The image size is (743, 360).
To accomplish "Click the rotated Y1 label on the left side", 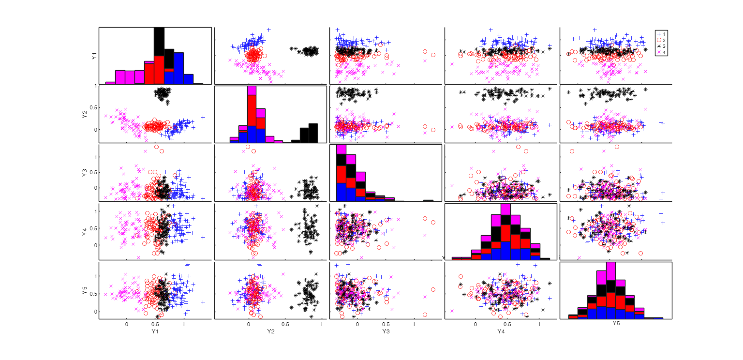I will pos(93,56).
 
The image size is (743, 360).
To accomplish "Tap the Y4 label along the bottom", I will pos(501,331).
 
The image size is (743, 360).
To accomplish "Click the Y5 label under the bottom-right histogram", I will pos(616,322).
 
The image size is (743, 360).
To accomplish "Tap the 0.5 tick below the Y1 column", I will pos(155,324).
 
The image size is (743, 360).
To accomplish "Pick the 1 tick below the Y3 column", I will pos(414,324).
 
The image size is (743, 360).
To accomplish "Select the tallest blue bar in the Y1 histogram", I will pos(178,68).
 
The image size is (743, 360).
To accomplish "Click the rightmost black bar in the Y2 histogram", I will pos(313,133).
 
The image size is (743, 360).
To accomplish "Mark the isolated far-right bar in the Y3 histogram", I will pos(428,200).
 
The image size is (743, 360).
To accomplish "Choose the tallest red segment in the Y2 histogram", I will pos(252,110).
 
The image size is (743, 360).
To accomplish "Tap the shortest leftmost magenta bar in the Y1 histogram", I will pos(110,83).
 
